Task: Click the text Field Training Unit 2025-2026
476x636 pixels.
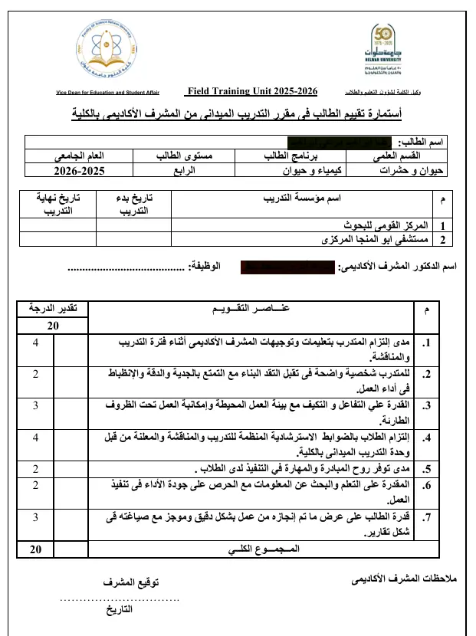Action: [x=252, y=91]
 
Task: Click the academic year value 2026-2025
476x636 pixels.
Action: [x=79, y=170]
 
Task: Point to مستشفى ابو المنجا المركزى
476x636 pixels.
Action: [x=374, y=239]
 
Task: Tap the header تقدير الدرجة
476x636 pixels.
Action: [x=53, y=309]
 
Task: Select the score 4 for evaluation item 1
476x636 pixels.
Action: [x=36, y=343]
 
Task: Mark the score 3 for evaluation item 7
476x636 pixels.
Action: [x=36, y=518]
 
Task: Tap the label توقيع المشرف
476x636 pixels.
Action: [x=131, y=582]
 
